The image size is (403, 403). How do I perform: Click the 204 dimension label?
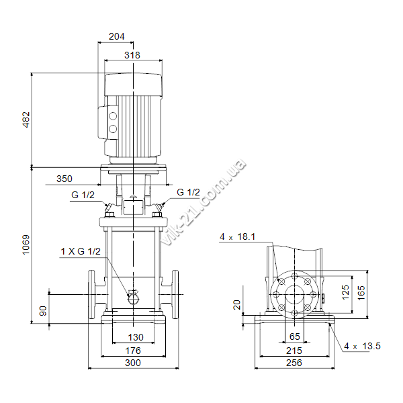[116, 36]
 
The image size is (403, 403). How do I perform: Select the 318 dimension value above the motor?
[132, 55]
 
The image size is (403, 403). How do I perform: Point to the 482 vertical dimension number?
[26, 120]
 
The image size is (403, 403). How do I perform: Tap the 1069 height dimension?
[26, 244]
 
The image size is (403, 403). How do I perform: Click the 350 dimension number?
[64, 179]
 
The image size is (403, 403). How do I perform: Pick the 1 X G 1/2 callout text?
[81, 251]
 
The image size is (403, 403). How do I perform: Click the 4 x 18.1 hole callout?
[238, 236]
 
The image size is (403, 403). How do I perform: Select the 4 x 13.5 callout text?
[362, 346]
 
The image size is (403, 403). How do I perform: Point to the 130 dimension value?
[136, 337]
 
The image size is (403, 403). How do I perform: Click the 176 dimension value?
[133, 351]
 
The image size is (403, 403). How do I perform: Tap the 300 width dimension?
[133, 363]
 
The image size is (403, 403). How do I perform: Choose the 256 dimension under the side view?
[294, 363]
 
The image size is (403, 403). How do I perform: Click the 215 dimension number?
[294, 351]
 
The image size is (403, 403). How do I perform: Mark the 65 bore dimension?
[295, 337]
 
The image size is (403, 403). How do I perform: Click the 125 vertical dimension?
[346, 292]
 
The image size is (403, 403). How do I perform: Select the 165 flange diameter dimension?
[361, 293]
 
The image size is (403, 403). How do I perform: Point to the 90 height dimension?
[43, 311]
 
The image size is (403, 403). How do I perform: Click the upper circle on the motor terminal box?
[113, 116]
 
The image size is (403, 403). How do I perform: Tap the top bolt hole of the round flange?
[295, 276]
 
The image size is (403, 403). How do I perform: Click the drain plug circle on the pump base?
[133, 299]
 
